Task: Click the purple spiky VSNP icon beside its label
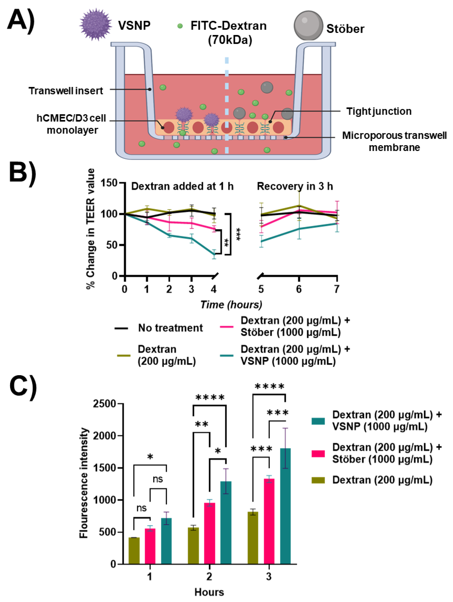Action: [x=95, y=25]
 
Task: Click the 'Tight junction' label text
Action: [x=379, y=111]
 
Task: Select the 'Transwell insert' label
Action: [x=66, y=91]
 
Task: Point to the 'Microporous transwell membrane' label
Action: [x=394, y=141]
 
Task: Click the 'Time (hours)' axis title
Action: [x=231, y=305]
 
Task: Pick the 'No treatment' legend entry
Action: [x=170, y=328]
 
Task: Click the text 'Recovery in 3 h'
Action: [x=295, y=186]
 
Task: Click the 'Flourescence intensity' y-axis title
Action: [x=84, y=483]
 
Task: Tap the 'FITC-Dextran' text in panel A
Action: [x=228, y=26]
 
